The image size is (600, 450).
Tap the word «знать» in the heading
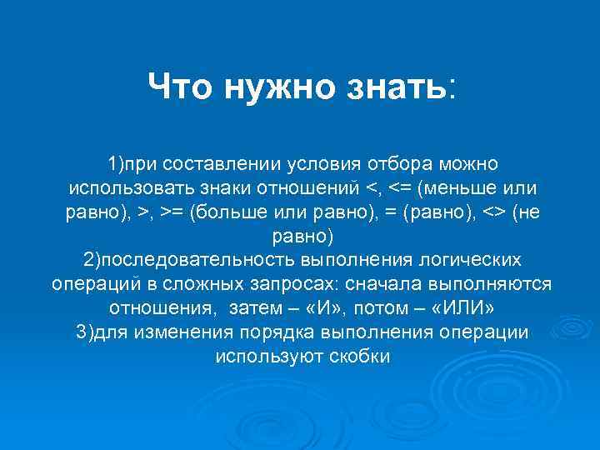point(395,85)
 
